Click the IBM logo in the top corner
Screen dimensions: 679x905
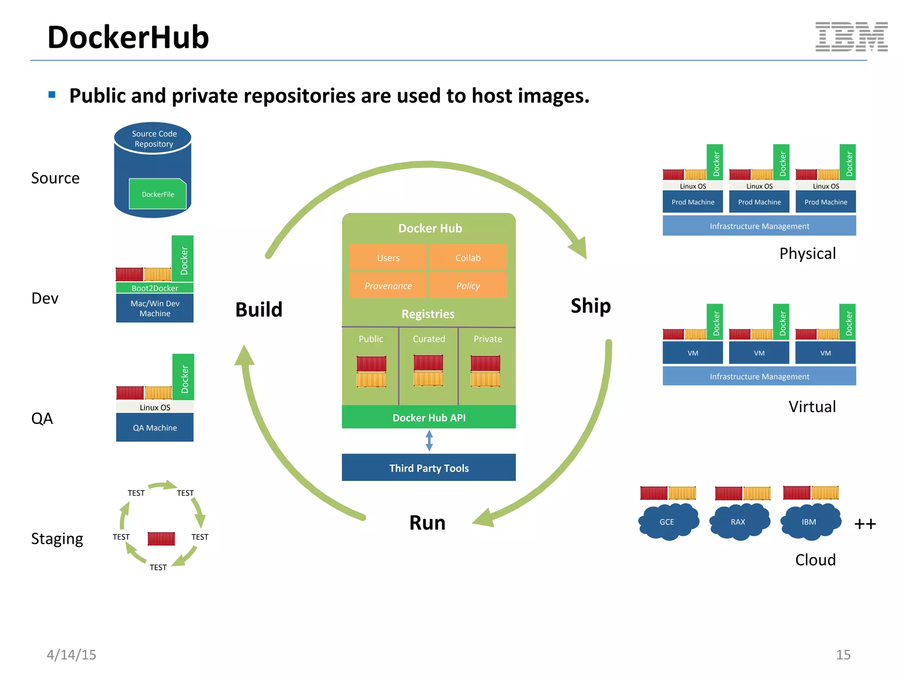[851, 37]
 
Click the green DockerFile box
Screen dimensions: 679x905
[157, 194]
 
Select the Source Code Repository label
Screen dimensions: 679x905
[154, 139]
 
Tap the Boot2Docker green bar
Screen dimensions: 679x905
[155, 288]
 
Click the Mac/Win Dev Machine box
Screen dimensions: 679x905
[155, 309]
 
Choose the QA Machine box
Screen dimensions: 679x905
[155, 427]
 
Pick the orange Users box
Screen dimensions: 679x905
[388, 258]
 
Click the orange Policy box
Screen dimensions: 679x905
[468, 286]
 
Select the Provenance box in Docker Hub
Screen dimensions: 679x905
[388, 286]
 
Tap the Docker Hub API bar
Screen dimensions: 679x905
[429, 417]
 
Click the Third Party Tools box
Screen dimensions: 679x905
[429, 468]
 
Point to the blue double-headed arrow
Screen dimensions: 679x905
[429, 441]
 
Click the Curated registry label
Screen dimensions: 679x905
[429, 339]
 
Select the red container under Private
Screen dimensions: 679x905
[485, 363]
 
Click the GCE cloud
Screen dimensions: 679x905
[667, 523]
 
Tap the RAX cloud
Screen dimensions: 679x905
[738, 523]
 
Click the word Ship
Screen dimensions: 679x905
[590, 306]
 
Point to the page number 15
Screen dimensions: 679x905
[843, 655]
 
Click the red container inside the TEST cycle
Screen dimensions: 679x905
[161, 538]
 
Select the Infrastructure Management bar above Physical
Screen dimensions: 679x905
[759, 226]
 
